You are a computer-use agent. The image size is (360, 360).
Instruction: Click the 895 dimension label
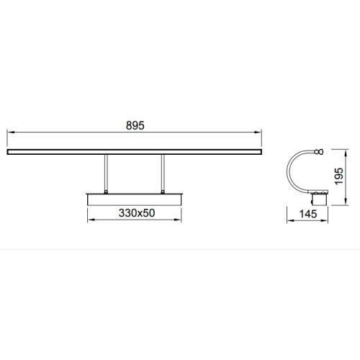coord(135,125)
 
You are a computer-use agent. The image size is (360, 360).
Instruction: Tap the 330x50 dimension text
coord(137,213)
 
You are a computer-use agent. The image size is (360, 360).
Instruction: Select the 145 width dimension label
coord(308,214)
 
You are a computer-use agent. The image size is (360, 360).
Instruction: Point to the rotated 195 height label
coord(339,176)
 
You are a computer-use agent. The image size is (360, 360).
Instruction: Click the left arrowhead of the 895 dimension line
coord(11,132)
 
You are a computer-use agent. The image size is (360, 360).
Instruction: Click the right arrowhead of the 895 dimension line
coord(258,132)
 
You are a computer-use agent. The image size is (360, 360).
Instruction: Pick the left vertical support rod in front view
coord(106,173)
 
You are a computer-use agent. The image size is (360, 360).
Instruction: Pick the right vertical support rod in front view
coord(163,173)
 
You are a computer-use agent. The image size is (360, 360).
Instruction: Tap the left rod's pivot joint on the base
coord(106,192)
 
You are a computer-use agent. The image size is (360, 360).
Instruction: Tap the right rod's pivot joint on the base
coord(163,192)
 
